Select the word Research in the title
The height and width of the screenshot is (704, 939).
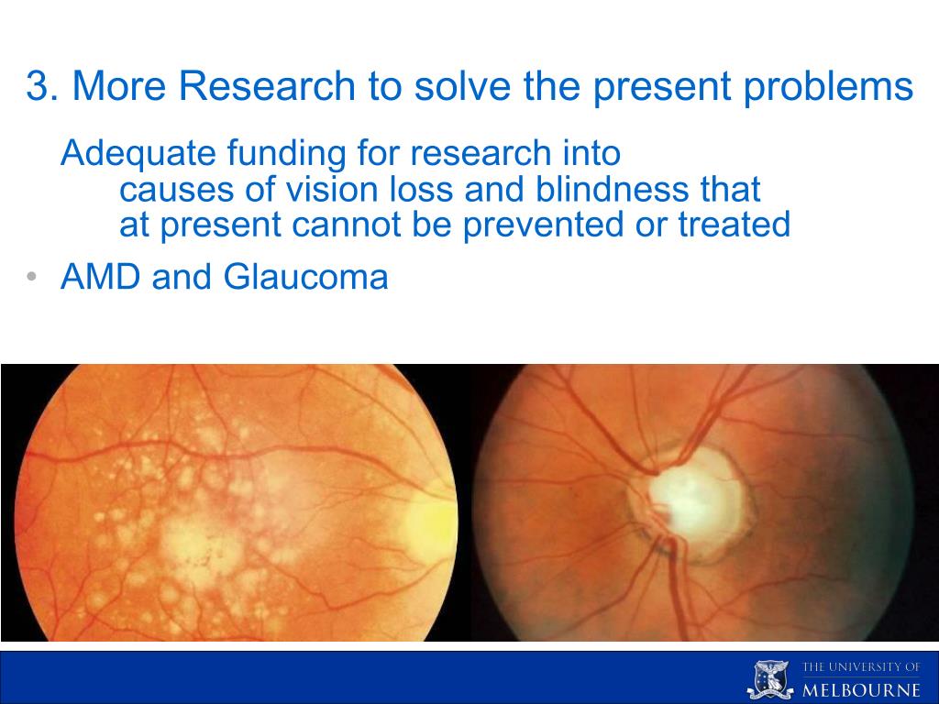(x=267, y=85)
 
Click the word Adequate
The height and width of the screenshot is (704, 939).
(x=138, y=154)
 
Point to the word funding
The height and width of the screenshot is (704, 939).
(x=286, y=154)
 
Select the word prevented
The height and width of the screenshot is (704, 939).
(x=543, y=225)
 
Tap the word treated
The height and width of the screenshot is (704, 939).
(x=735, y=225)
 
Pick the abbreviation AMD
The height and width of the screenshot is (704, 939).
(x=101, y=277)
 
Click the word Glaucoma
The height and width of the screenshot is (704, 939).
(x=306, y=277)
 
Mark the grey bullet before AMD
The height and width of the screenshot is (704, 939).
(x=32, y=277)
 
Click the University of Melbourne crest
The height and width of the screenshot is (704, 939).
(x=770, y=679)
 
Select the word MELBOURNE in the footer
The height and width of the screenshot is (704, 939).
(x=861, y=689)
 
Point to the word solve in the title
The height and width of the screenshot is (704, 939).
(x=462, y=85)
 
